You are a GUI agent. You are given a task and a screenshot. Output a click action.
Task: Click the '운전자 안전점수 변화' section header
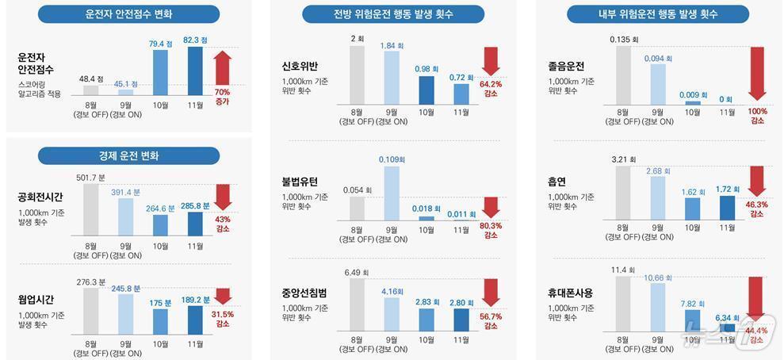pyautogui.click(x=127, y=16)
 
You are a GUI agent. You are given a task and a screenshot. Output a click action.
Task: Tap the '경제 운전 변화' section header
pyautogui.click(x=127, y=155)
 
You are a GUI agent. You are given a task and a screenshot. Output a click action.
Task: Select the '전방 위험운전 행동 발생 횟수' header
pyautogui.click(x=391, y=16)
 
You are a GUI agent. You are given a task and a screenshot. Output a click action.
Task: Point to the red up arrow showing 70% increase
pyautogui.click(x=223, y=68)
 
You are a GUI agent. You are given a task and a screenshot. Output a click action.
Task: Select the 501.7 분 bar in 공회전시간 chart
pyautogui.click(x=91, y=209)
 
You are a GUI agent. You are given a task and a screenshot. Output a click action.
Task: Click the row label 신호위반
pyautogui.click(x=300, y=66)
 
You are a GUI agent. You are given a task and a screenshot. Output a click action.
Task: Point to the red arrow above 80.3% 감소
pyautogui.click(x=491, y=207)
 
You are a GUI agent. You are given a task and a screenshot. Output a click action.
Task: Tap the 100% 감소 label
pyautogui.click(x=757, y=116)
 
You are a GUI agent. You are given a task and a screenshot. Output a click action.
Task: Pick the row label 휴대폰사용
pyautogui.click(x=570, y=293)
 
